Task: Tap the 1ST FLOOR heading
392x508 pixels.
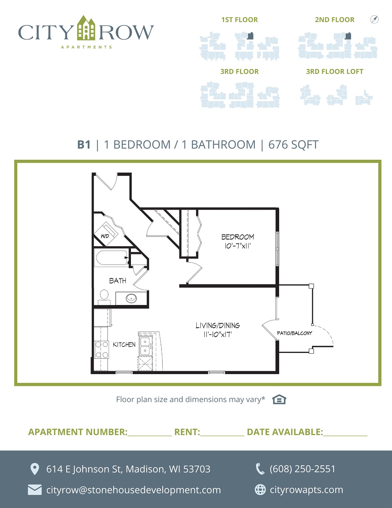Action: [240, 20]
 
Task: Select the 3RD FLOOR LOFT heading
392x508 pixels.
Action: [335, 71]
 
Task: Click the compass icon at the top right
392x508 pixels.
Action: [374, 19]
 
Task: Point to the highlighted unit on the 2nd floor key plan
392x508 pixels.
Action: [348, 36]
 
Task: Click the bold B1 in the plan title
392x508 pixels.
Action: [84, 144]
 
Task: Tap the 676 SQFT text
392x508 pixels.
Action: [293, 145]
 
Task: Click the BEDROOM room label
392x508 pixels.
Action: [238, 237]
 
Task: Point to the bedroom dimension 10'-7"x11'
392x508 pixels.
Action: [237, 246]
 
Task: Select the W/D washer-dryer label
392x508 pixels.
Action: [105, 236]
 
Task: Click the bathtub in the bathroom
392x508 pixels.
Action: [111, 258]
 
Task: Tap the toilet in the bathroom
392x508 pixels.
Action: [104, 297]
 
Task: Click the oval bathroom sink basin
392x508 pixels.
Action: [131, 298]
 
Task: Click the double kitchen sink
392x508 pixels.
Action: [145, 346]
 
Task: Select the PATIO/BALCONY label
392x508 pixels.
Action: [294, 333]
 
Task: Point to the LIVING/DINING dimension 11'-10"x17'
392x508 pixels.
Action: [218, 334]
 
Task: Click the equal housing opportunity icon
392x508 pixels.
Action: [279, 399]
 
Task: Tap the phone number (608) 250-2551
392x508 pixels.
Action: [302, 469]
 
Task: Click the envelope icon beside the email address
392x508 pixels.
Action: [34, 490]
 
